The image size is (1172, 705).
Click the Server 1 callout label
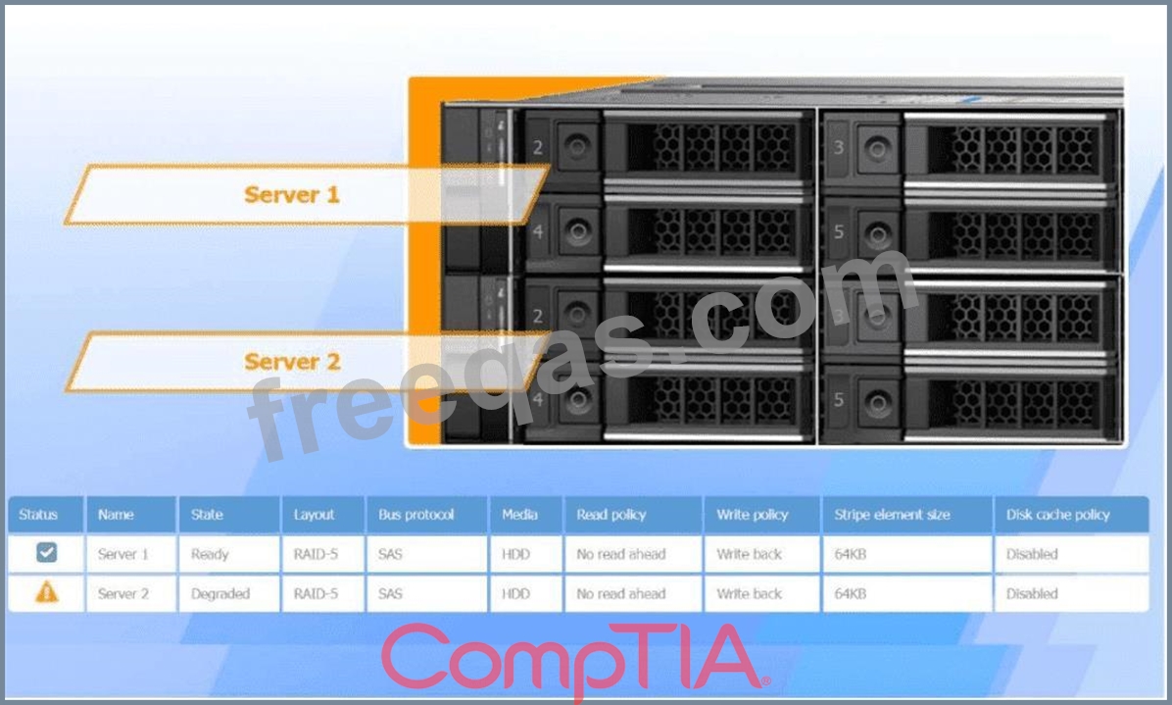tap(291, 194)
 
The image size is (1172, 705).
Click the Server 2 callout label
tap(292, 362)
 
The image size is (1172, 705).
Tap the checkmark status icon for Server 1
tap(46, 552)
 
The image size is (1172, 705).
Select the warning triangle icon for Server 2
tap(46, 592)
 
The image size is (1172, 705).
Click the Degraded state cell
tap(220, 593)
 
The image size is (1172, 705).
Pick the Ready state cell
tap(210, 554)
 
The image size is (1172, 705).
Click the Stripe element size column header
tap(892, 515)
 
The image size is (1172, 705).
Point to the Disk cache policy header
tap(1057, 515)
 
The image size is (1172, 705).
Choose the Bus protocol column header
tap(415, 515)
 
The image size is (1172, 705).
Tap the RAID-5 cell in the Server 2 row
tap(316, 593)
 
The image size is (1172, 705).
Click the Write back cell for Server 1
tap(749, 554)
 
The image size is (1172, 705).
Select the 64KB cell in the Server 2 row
tap(850, 593)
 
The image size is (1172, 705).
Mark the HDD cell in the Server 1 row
tap(515, 554)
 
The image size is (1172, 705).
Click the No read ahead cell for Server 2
tap(620, 593)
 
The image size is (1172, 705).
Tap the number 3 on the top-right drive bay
tap(839, 147)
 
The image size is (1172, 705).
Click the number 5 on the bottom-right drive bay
tap(839, 400)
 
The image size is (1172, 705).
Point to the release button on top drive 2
tap(577, 146)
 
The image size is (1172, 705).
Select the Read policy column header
tap(610, 515)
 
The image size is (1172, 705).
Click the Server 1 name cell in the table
tap(122, 554)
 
